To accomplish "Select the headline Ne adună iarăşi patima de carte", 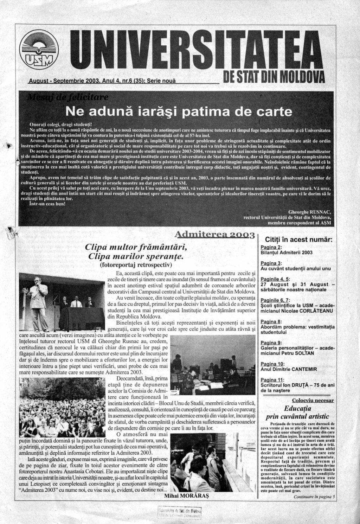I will point(179,111).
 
